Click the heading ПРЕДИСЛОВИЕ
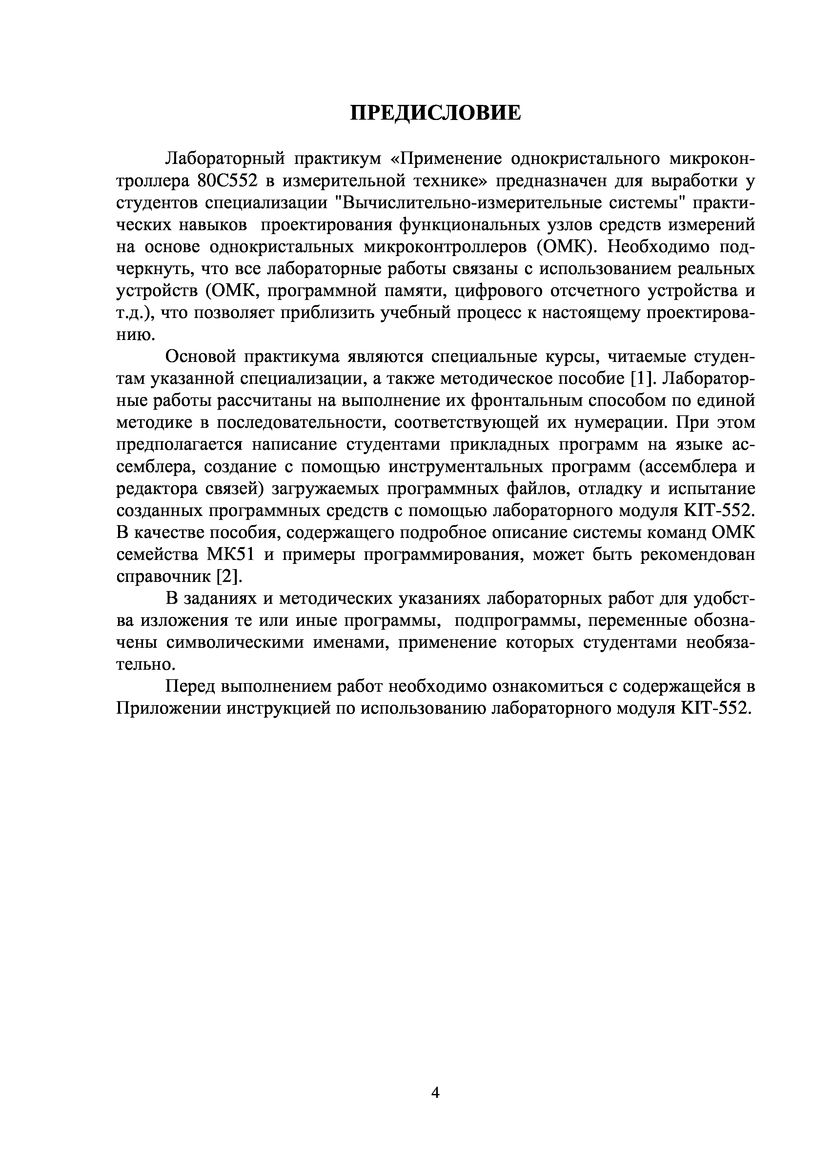(435, 113)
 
